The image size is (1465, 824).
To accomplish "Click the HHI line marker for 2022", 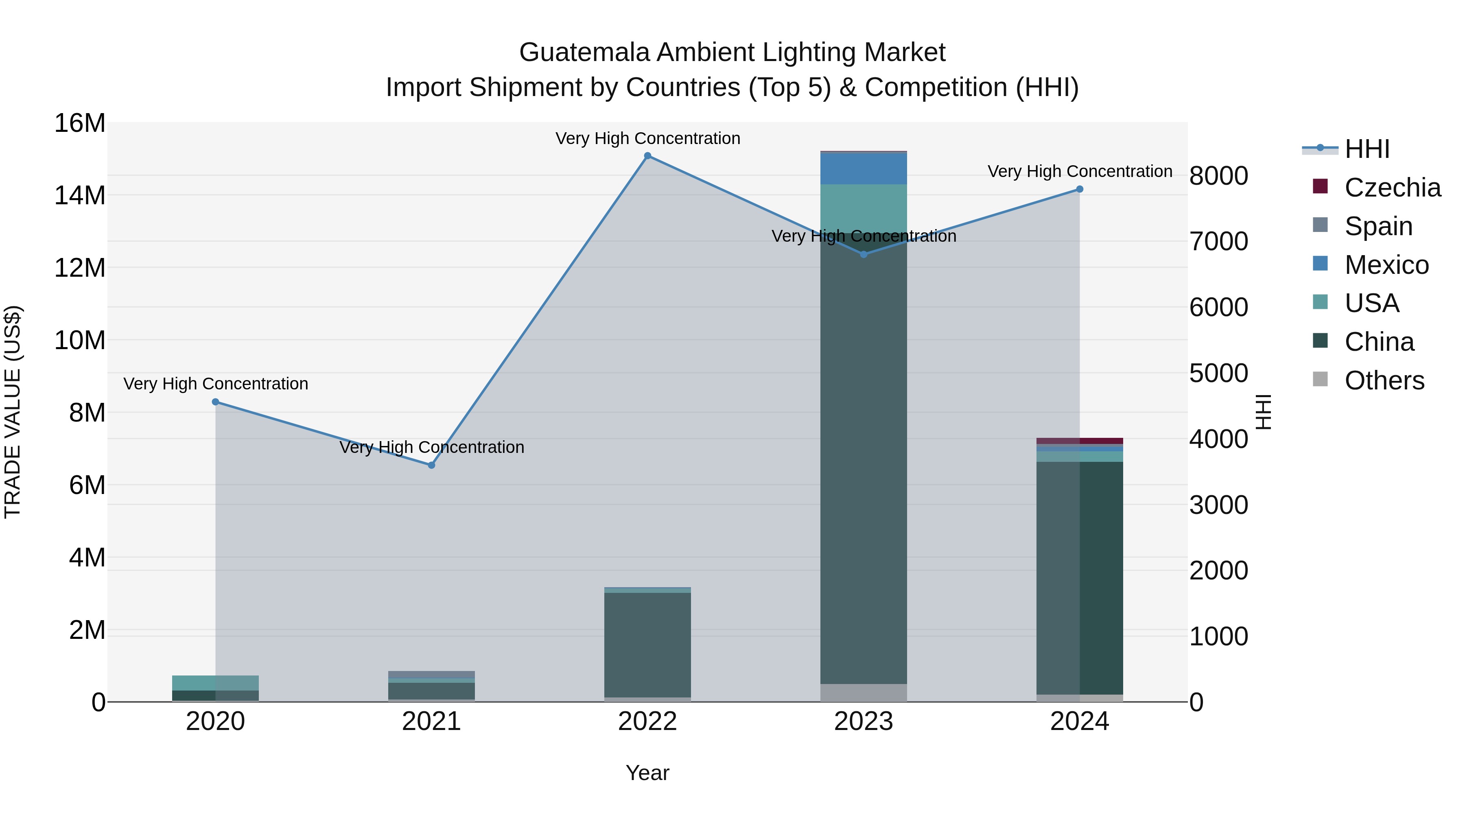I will pos(647,156).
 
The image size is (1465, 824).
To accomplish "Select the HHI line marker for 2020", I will pos(216,402).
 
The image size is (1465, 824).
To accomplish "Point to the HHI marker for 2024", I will pos(1079,189).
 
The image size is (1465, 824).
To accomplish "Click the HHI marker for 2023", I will pos(863,254).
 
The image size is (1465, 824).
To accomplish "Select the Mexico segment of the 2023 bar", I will pos(863,169).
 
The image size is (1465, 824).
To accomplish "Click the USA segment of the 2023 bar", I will pos(863,208).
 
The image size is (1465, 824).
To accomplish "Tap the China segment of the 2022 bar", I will pos(647,645).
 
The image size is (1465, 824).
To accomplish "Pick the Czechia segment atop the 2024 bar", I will pos(1079,441).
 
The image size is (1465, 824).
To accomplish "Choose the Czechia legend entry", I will pos(1392,188).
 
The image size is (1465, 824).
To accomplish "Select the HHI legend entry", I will pos(1367,149).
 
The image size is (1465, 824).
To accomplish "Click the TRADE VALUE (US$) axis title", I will pos(13,412).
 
